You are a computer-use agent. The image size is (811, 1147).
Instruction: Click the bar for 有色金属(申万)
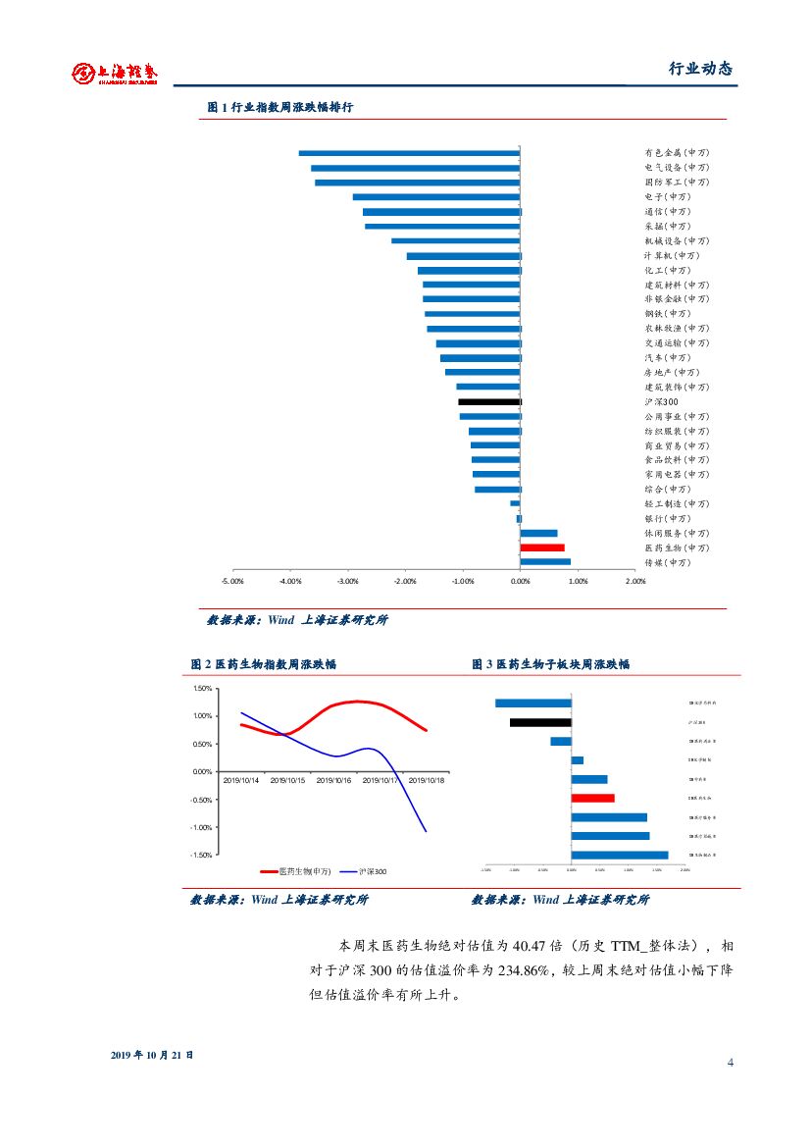[x=409, y=153]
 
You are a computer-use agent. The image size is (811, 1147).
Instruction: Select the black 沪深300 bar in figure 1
[x=489, y=401]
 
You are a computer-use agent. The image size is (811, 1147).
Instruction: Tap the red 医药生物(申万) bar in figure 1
[x=542, y=547]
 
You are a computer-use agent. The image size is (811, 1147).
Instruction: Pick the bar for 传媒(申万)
[x=545, y=562]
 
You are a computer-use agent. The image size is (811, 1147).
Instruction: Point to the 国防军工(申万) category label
[x=677, y=182]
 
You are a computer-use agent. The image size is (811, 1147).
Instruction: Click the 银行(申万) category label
[x=667, y=518]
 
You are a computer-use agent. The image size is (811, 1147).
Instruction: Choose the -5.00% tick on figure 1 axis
[x=232, y=581]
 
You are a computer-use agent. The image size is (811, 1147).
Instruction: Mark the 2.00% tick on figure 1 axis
[x=635, y=581]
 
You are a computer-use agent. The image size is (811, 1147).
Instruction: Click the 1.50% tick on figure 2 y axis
[x=202, y=688]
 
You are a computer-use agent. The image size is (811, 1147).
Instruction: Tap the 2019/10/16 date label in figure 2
[x=334, y=781]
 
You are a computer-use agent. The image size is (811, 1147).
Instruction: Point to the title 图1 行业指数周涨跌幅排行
[x=279, y=108]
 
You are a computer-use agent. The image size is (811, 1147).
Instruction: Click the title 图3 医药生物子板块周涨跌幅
[x=551, y=664]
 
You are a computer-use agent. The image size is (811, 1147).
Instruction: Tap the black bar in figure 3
[x=540, y=723]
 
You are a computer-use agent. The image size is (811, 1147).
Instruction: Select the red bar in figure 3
[x=593, y=798]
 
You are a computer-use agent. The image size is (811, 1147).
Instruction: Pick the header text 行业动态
[x=700, y=69]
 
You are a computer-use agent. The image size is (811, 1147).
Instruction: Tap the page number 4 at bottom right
[x=730, y=1064]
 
